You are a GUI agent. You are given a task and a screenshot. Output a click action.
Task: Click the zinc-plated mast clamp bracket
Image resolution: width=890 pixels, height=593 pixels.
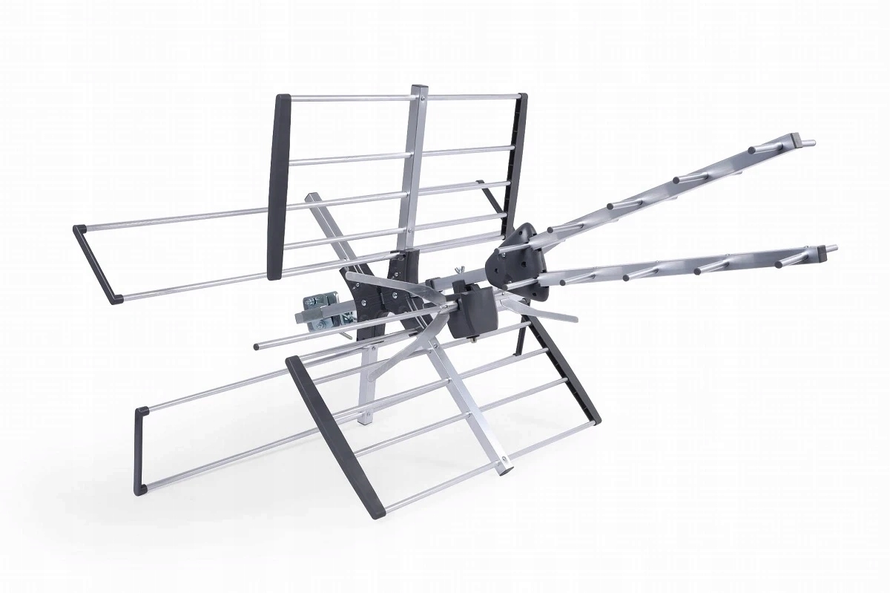(x=321, y=310)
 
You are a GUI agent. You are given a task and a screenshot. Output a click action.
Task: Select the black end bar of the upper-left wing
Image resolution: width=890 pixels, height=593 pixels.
(x=97, y=263)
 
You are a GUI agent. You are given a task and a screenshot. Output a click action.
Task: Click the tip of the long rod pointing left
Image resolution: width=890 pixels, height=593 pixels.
(x=257, y=345)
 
